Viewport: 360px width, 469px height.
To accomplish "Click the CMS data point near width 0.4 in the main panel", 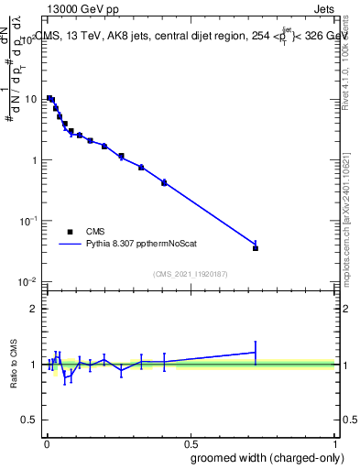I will pyautogui.click(x=164, y=183).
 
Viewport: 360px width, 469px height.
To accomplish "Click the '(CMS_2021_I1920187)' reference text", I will pyautogui.click(x=190, y=273).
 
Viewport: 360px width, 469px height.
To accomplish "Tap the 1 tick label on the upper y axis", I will pyautogui.click(x=34, y=160).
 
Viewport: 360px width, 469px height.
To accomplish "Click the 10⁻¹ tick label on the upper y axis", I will pyautogui.click(x=29, y=221).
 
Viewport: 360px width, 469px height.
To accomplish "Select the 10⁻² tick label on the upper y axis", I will pyautogui.click(x=29, y=281).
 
